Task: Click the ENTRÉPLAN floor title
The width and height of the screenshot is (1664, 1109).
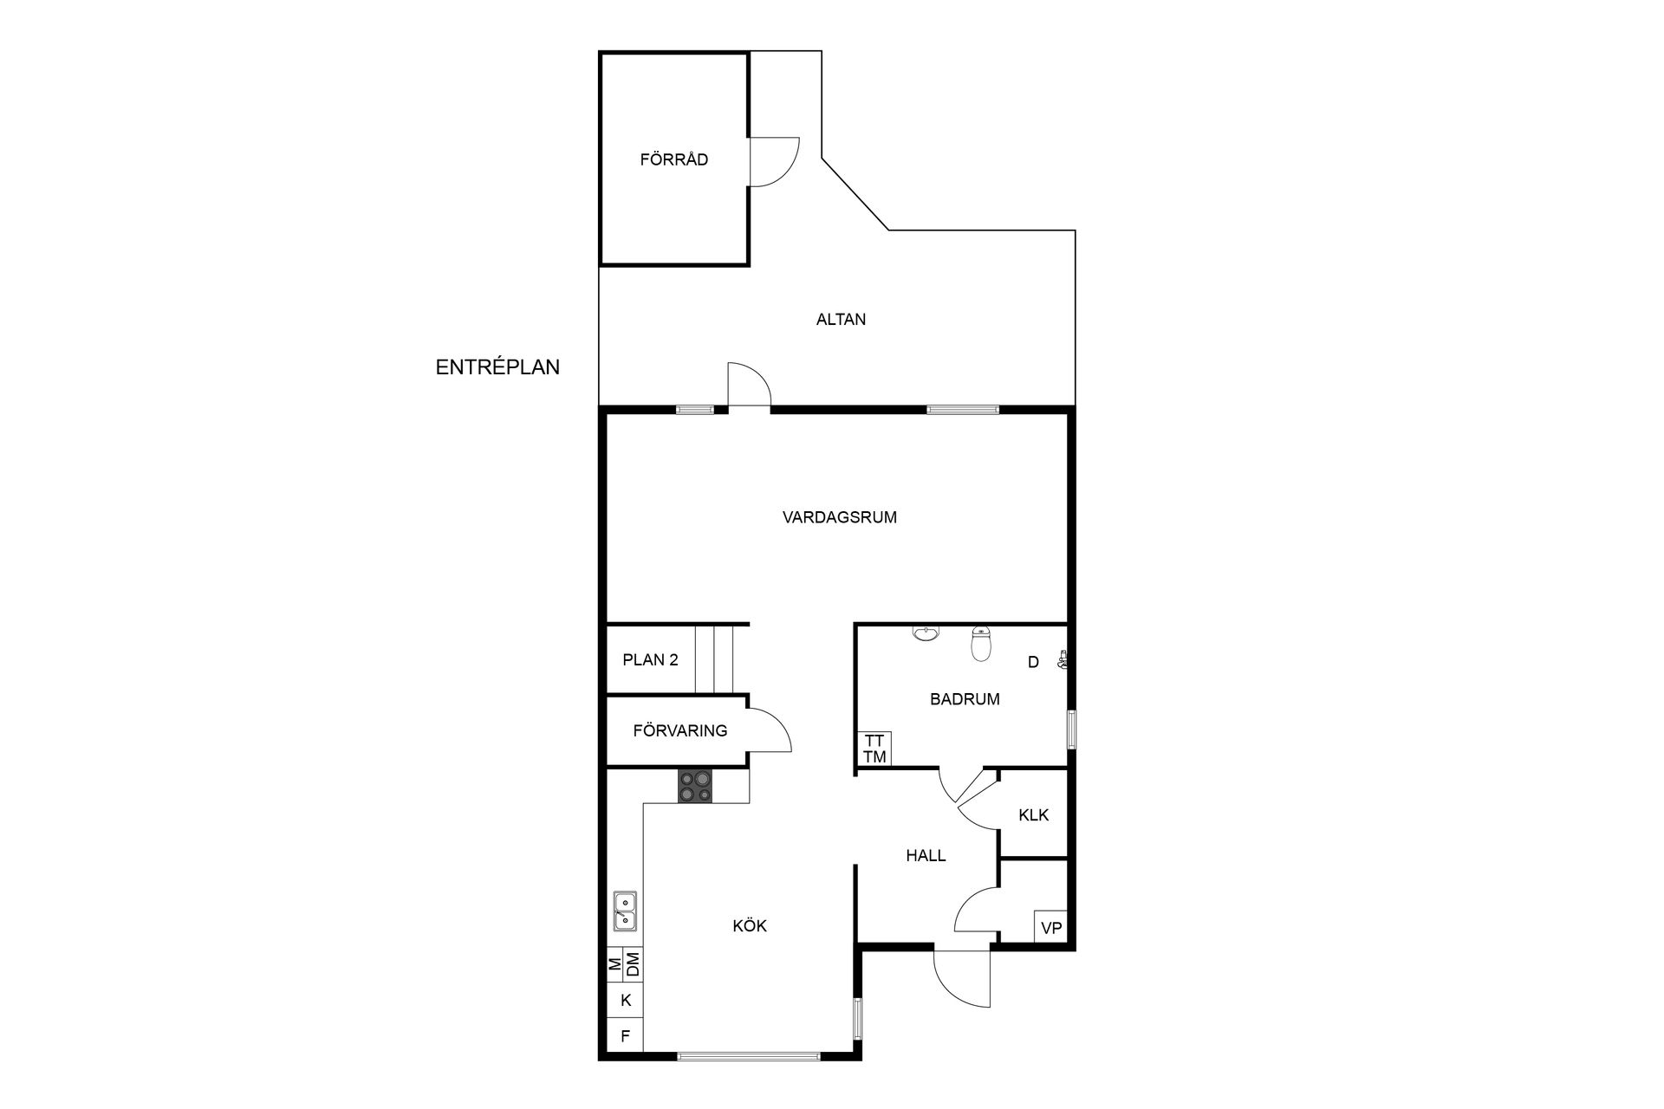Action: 497,366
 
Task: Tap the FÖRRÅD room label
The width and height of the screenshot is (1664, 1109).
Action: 674,159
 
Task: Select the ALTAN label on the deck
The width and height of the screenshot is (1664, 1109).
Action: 841,319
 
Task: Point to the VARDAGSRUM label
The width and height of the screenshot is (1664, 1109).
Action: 840,517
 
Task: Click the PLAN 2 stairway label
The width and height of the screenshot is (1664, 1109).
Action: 650,659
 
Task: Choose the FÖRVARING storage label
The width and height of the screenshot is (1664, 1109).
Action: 680,730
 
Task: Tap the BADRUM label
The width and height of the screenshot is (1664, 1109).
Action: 965,698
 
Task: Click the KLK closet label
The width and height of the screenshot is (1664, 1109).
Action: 1034,814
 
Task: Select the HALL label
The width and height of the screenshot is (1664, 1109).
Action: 926,855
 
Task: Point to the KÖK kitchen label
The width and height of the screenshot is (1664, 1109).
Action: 750,925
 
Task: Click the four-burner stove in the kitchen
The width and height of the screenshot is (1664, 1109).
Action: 696,786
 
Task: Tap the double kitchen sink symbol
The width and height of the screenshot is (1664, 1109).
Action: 625,911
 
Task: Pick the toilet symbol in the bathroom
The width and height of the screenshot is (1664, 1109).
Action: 981,643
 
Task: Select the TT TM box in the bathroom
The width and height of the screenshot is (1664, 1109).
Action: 874,749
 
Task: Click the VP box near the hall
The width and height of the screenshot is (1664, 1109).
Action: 1051,927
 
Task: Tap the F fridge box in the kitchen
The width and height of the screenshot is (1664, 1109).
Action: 625,1035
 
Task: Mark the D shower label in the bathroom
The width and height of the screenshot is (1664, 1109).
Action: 1033,662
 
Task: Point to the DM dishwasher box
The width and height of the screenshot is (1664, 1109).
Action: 634,963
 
